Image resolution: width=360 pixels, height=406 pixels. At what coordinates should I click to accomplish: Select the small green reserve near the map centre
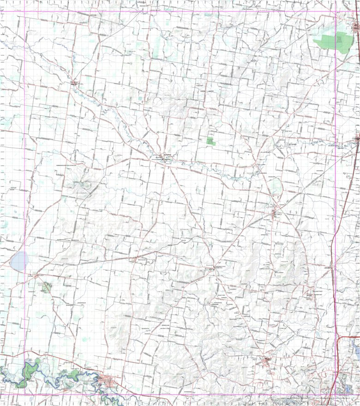pos(211,141)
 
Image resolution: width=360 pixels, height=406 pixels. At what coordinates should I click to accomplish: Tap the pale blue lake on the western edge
pos(19,261)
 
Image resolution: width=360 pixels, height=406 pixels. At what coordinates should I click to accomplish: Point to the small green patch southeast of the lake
pos(46,288)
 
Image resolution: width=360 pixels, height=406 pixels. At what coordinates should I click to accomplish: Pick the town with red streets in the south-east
pos(267,361)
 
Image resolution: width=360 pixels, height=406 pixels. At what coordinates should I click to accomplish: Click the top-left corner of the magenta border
pos(24,12)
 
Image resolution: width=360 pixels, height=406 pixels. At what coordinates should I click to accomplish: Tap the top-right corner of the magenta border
pos(336,12)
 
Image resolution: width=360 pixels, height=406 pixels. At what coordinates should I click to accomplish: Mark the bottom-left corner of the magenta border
pos(24,394)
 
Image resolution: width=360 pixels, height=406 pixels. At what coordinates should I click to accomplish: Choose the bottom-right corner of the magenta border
pos(336,394)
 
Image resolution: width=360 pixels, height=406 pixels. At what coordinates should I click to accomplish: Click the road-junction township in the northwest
pos(74,83)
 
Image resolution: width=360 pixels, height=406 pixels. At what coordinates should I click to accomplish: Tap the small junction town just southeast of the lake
pos(36,276)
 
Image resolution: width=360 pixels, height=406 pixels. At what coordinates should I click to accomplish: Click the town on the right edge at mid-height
pos(357,138)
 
